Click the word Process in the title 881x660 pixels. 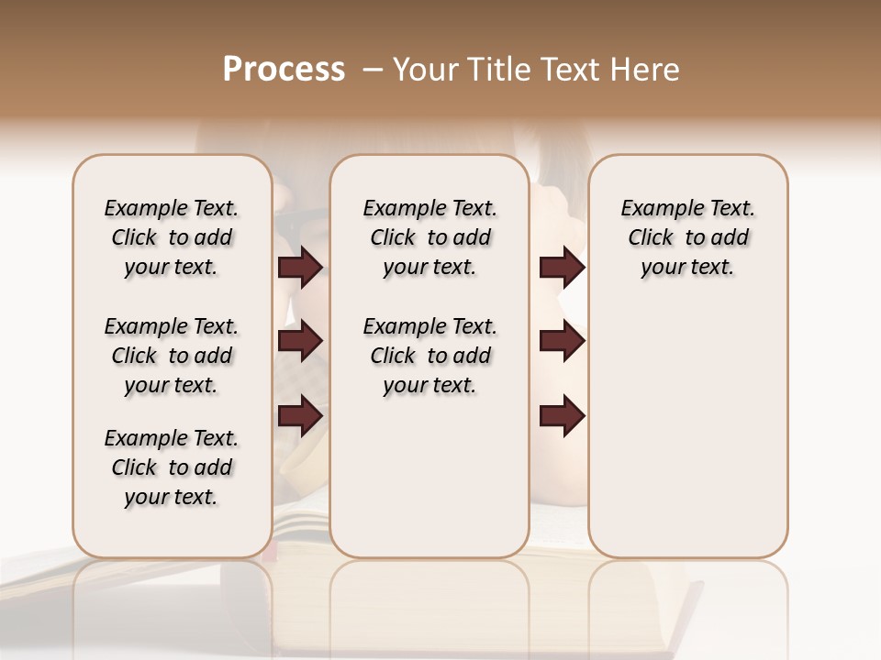pos(284,70)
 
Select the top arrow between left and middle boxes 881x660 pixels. pos(300,267)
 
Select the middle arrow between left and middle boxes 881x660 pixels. pos(300,342)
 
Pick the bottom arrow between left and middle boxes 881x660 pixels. pos(300,417)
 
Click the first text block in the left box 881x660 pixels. pos(172,237)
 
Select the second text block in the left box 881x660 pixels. pos(172,356)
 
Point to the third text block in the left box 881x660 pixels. pos(172,467)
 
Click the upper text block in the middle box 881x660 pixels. pos(429,237)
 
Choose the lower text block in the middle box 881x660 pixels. pos(429,356)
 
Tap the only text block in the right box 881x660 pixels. pos(687,237)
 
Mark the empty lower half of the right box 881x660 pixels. pos(687,440)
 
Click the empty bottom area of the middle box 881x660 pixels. pos(429,486)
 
